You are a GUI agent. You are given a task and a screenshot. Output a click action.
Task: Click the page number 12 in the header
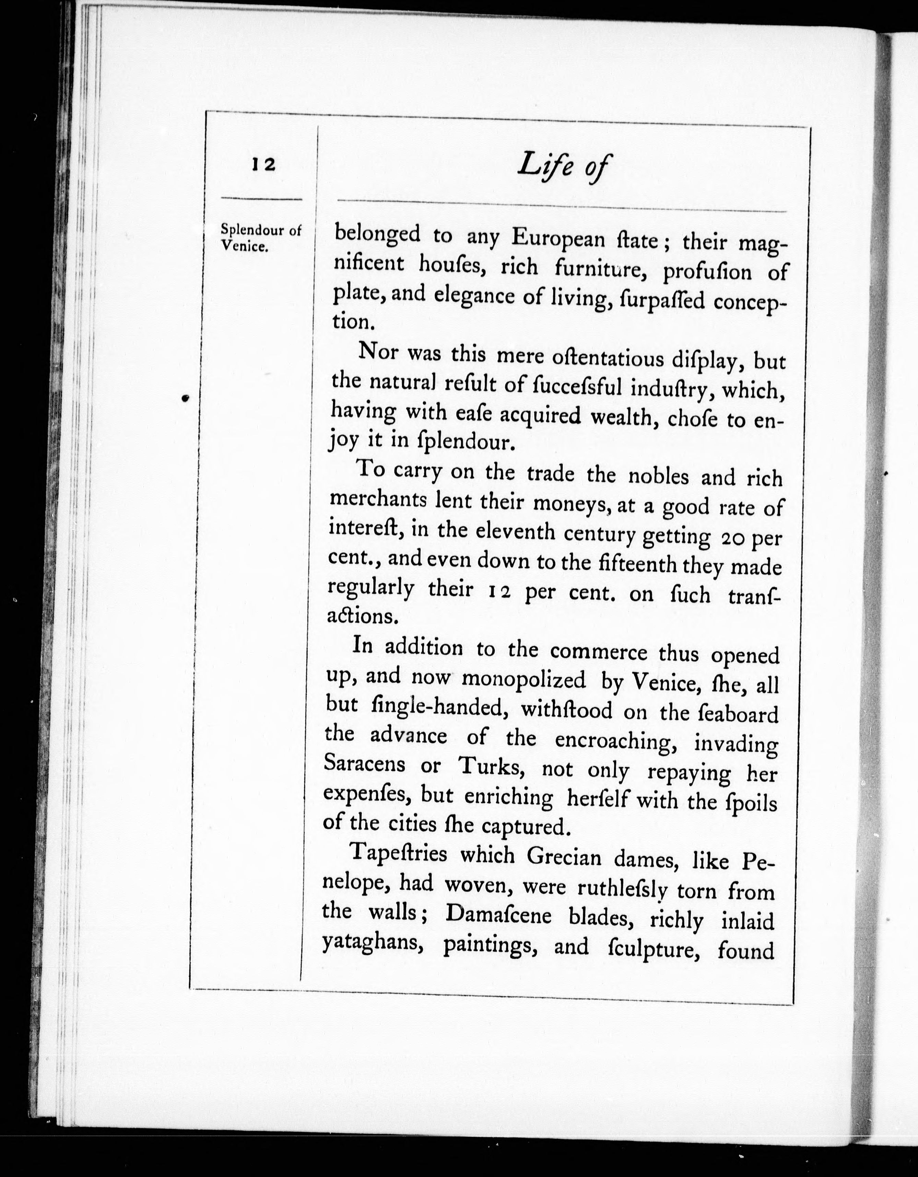[263, 164]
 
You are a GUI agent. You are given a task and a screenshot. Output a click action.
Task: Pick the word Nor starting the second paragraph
[378, 352]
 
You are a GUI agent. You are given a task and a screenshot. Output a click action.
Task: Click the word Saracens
[364, 764]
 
